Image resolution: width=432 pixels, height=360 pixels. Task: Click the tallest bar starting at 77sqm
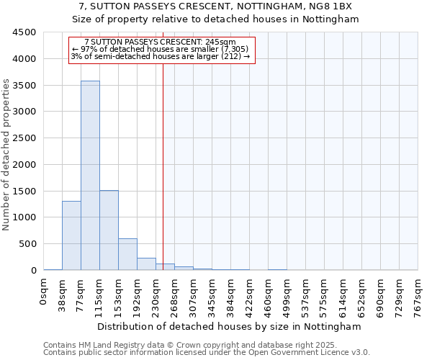(90, 176)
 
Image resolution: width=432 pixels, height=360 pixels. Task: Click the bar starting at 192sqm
(146, 264)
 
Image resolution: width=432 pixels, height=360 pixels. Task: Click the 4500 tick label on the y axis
(24, 32)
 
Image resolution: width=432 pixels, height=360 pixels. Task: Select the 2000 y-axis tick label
(24, 165)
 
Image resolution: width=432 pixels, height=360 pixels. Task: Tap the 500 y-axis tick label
(27, 244)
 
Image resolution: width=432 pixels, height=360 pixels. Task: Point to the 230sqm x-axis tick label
(156, 294)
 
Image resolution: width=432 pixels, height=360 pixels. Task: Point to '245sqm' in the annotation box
(220, 42)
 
